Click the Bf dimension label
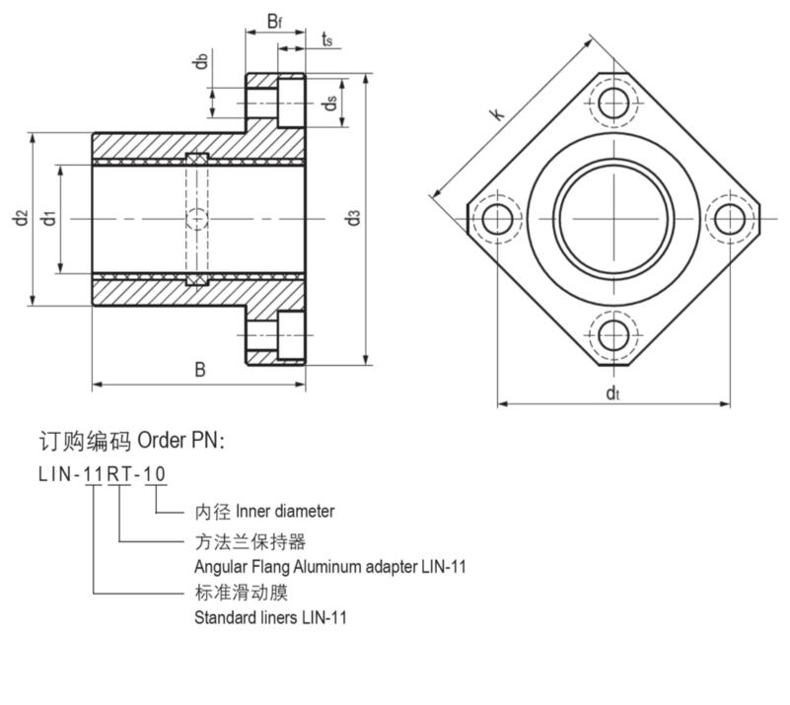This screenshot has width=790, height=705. tap(275, 21)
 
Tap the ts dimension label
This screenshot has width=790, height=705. tap(326, 39)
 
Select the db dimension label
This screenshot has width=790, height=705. tap(201, 61)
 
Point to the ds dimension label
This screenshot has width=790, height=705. tap(332, 102)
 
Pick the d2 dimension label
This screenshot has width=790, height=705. tap(21, 218)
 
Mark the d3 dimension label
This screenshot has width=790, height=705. tap(355, 218)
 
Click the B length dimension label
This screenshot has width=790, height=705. tap(199, 371)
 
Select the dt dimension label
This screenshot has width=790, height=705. tap(612, 394)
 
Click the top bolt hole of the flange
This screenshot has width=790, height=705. tap(612, 102)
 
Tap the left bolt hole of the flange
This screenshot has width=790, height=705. tap(497, 218)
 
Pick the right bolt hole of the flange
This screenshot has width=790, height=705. tap(729, 218)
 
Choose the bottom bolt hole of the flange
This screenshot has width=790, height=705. tap(612, 333)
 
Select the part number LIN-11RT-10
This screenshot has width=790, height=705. tap(102, 474)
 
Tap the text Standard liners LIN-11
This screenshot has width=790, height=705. tap(270, 618)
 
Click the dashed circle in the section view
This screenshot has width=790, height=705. tap(197, 218)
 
